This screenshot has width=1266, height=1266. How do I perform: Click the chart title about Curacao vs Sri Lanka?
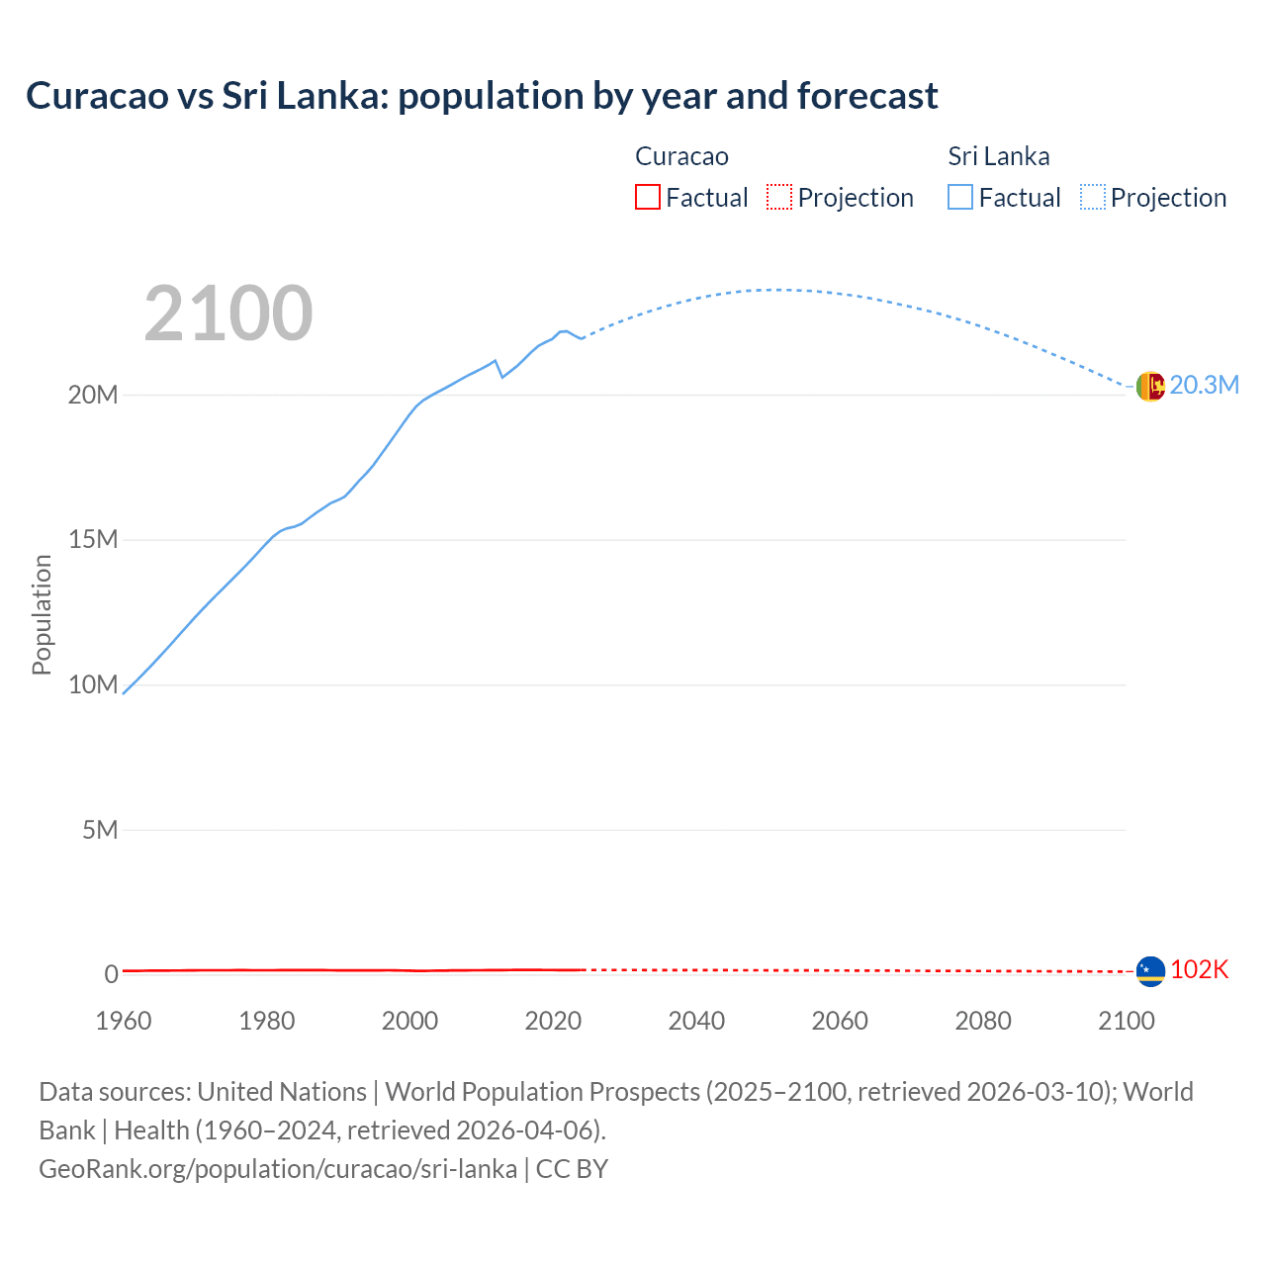click(482, 96)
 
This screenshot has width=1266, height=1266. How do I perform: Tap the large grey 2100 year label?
click(228, 314)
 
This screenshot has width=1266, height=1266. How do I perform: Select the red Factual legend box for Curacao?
click(647, 197)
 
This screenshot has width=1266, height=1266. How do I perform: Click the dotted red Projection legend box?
click(779, 197)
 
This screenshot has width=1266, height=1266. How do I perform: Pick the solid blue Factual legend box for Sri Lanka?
click(960, 197)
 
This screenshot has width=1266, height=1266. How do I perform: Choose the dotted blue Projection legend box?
click(1093, 197)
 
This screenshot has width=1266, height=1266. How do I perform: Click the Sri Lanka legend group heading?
click(998, 156)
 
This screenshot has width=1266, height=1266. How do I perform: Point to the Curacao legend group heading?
click(681, 156)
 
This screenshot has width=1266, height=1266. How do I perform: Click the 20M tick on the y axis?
click(93, 395)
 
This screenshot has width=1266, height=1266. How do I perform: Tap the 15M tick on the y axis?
click(93, 540)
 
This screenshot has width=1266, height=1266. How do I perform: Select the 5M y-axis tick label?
click(100, 830)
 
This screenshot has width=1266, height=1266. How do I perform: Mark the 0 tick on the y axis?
click(111, 974)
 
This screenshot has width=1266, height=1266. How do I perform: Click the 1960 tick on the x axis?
click(124, 1021)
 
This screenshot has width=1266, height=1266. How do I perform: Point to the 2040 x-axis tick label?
click(696, 1021)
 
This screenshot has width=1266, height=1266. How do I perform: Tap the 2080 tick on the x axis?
click(983, 1021)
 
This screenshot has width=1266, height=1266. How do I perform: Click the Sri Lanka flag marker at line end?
click(1150, 386)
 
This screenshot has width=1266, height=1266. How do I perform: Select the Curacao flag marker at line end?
click(1150, 971)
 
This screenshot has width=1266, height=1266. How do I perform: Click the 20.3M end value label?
click(1204, 386)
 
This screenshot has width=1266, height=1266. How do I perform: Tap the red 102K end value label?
click(1199, 970)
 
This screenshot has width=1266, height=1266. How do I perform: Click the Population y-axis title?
click(42, 614)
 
